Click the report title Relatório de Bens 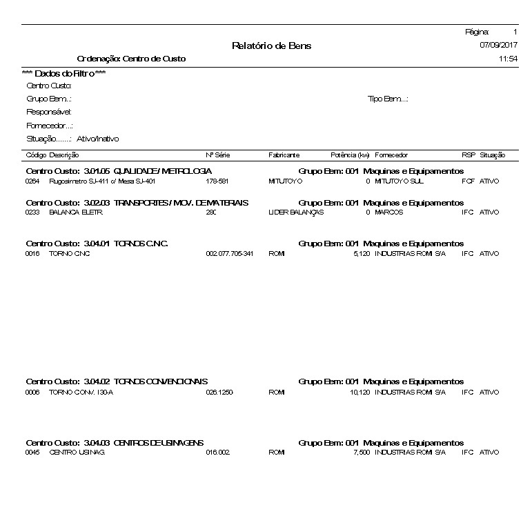[271, 46]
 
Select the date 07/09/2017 [498, 45]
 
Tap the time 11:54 [508, 59]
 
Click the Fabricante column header [284, 156]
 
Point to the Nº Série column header [217, 156]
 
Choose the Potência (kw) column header [351, 156]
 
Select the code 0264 [32, 181]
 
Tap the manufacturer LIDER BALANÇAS [295, 212]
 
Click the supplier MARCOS [389, 212]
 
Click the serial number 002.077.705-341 [230, 254]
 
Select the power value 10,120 [359, 393]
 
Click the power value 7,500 [361, 453]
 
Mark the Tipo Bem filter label [388, 99]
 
